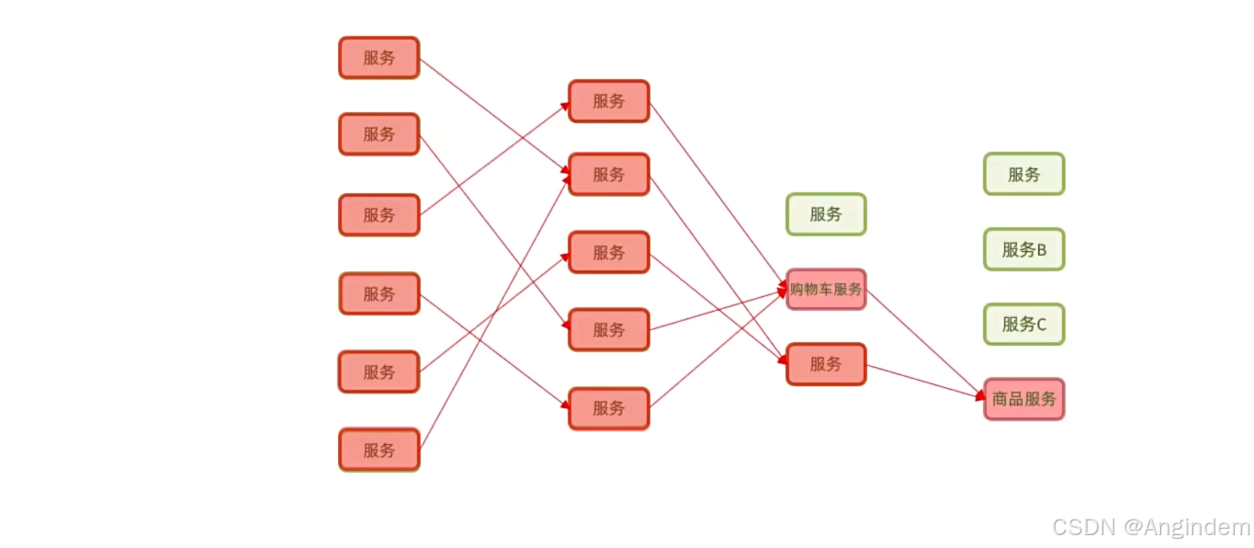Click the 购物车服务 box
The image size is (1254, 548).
click(826, 289)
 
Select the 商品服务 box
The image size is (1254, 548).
click(1024, 399)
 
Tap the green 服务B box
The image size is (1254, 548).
click(1024, 249)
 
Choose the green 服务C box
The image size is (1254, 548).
click(1024, 325)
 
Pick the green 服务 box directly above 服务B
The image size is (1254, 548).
click(1024, 175)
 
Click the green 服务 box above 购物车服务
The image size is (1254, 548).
click(826, 214)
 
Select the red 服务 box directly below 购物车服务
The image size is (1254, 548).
click(826, 364)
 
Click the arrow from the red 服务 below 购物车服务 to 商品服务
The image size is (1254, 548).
click(925, 382)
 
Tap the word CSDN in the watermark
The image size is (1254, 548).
click(1083, 527)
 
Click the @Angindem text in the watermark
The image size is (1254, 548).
click(1186, 527)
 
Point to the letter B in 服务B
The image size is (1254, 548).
click(1041, 250)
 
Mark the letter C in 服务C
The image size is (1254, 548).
click(1041, 325)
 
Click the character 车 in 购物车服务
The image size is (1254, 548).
click(826, 289)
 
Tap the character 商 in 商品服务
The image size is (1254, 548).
click(1000, 399)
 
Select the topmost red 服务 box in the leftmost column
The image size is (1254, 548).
click(379, 58)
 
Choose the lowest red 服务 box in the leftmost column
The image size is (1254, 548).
click(379, 450)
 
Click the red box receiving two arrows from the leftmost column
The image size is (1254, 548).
click(608, 175)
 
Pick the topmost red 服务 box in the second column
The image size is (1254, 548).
click(608, 101)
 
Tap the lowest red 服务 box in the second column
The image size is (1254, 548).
click(608, 408)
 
